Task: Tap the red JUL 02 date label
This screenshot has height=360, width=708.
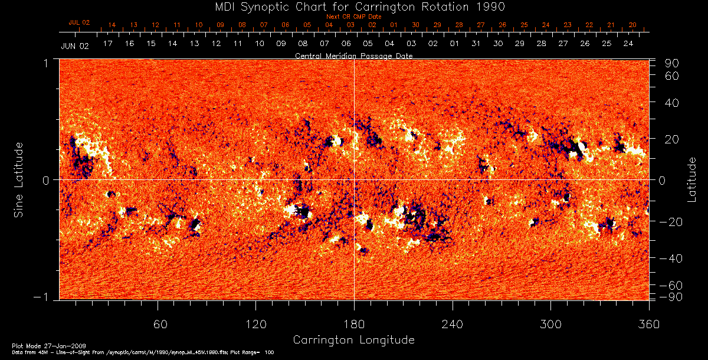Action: point(79,22)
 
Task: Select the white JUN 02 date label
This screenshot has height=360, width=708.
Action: point(74,45)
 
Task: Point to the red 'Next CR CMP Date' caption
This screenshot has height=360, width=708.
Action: point(354,17)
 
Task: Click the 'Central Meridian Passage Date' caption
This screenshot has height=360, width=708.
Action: point(353,55)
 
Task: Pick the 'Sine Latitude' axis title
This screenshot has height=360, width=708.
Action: point(19,179)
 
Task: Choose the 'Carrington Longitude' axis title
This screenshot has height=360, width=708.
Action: point(353,340)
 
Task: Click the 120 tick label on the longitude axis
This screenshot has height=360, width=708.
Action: point(256,324)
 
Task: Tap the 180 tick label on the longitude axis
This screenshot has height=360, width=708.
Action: point(354,324)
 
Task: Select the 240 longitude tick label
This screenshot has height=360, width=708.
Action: point(453,324)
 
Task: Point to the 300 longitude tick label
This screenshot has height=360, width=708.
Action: point(550,324)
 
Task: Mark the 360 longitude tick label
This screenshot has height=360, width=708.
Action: point(648,324)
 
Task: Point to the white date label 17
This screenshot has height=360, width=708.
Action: point(107,44)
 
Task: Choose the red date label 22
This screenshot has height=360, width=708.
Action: point(589,25)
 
